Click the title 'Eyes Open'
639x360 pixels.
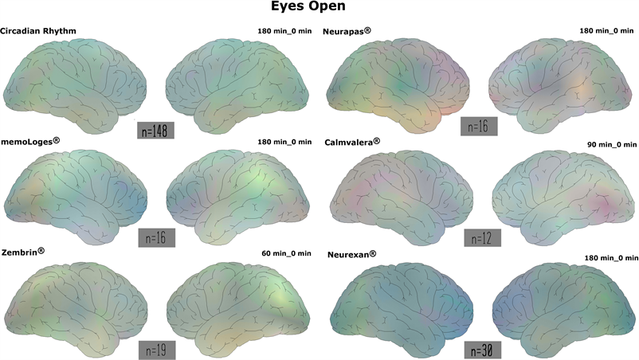coord(319,9)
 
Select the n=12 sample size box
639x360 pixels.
coord(483,237)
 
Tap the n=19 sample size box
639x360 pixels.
coord(156,349)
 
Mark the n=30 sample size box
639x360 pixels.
coord(483,349)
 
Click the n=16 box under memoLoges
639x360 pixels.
coord(156,237)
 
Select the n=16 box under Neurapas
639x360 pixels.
coord(480,126)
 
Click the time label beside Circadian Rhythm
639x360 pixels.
coord(284,30)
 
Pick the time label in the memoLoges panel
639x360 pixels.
coord(284,142)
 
